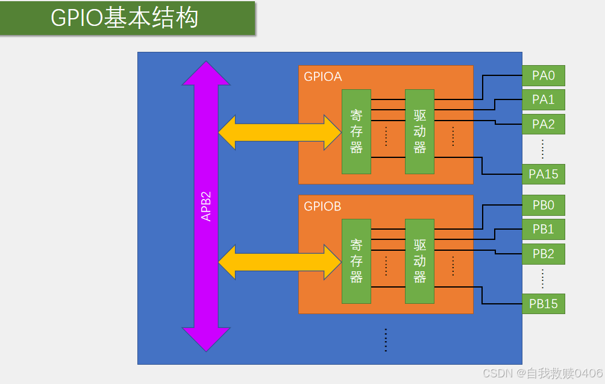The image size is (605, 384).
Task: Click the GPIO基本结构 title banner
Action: coord(127,17)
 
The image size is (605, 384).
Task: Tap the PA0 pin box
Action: coord(543,75)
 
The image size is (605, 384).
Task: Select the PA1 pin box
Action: coord(543,99)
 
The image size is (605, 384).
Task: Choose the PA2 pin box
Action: coord(543,124)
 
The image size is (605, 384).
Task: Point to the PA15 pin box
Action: coord(543,174)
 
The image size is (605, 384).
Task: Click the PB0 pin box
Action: coord(543,205)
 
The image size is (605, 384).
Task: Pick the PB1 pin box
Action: coord(543,229)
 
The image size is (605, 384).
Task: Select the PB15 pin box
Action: coord(543,304)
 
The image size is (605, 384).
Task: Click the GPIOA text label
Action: coord(322,77)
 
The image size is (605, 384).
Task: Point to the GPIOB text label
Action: coord(322,206)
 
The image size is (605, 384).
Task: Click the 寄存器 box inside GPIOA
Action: coord(356,131)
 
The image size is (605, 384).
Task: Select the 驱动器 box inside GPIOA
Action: coord(419,131)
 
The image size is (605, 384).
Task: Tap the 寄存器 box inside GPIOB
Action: coord(356,261)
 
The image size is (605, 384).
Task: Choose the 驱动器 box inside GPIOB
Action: coord(419,261)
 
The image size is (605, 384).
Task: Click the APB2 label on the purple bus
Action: coord(206,207)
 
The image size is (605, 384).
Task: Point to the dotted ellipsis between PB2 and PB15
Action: coord(543,279)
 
